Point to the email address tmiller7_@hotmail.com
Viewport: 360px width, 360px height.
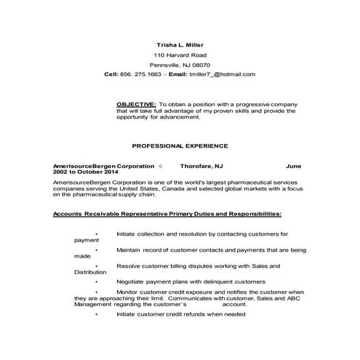tap(222, 74)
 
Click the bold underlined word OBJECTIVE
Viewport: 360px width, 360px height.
tap(136, 104)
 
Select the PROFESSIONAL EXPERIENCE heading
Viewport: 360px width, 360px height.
tap(180, 145)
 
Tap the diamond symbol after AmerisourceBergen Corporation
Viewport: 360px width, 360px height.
tap(160, 166)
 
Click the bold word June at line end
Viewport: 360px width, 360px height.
tap(293, 166)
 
